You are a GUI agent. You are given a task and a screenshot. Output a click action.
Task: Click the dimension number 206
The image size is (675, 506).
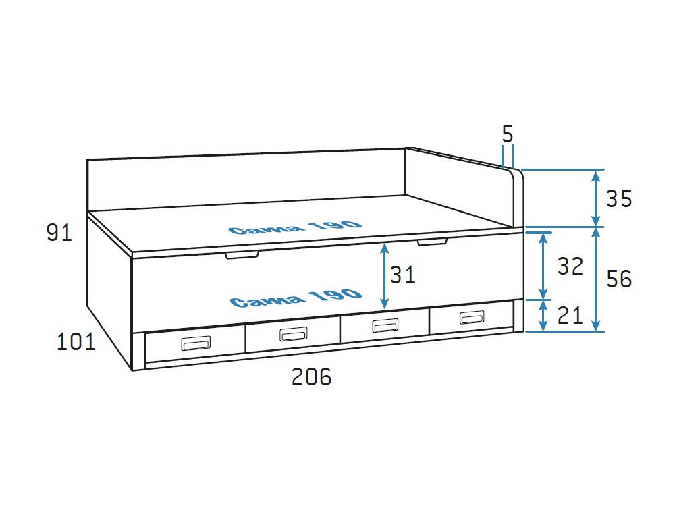[x=311, y=377]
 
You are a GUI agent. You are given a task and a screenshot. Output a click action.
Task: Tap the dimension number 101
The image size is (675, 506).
[x=76, y=342]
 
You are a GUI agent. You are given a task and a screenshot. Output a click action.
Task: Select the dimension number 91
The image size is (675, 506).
[x=59, y=233]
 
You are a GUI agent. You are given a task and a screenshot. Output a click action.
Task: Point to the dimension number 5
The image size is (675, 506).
[x=508, y=134]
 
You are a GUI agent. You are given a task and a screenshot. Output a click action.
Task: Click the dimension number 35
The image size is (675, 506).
[x=618, y=199]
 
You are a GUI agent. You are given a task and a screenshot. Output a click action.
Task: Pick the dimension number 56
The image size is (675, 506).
[x=618, y=279]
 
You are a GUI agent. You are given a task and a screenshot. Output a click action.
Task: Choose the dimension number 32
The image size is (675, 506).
[x=570, y=266]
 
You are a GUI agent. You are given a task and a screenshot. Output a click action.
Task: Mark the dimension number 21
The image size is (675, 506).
[x=570, y=315]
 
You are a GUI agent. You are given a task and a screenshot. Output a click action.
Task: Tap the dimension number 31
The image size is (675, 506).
[x=402, y=275]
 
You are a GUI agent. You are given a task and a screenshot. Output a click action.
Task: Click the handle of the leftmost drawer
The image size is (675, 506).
[x=196, y=343]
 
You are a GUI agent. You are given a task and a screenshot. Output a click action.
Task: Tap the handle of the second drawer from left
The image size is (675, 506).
[x=294, y=334]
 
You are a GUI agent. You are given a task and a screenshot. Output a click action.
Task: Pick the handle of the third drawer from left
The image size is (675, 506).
[x=385, y=326]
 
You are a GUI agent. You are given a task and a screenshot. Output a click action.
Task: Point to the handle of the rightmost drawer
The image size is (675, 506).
[x=472, y=318]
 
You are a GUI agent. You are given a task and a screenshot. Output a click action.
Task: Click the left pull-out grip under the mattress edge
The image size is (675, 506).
[x=242, y=255]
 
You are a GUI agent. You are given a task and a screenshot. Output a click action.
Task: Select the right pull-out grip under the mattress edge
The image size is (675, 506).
[x=433, y=241]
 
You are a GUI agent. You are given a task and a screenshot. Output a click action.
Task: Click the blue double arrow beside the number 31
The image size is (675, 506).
[x=384, y=275]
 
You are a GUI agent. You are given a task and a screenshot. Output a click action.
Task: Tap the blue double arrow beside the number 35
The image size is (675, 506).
[x=595, y=199]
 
